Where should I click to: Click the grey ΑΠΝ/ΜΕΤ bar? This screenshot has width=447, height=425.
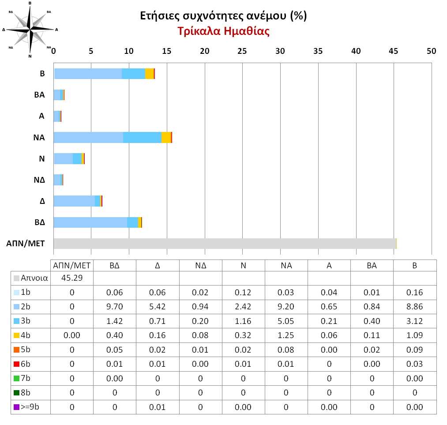coord(225,243)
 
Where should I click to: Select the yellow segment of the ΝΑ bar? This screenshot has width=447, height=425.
coord(166,138)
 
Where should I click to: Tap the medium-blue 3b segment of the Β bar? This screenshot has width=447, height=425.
coord(133,74)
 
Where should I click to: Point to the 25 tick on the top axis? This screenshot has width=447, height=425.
coord(242,51)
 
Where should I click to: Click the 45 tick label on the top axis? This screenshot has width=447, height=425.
coord(393,51)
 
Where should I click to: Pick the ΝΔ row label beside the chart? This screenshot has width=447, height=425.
coord(39,180)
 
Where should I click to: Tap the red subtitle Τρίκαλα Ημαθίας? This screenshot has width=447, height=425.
coord(223,32)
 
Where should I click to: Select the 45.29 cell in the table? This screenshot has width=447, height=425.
coord(72,278)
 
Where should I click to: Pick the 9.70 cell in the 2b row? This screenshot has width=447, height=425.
coord(115,307)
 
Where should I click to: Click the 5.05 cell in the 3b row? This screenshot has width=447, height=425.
coord(286,321)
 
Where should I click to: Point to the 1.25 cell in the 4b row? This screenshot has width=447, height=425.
coord(286,335)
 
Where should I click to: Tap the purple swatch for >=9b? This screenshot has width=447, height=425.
coord(16,407)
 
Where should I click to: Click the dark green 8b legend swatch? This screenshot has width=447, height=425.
coord(16,393)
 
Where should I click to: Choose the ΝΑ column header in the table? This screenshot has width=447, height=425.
coord(286,265)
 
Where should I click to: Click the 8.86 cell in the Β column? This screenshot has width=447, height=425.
coord(415,307)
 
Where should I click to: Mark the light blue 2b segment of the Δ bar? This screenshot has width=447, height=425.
coord(74,201)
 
